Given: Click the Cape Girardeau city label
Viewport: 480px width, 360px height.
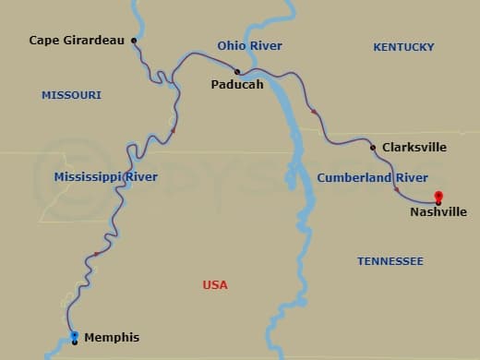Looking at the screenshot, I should click(x=77, y=41).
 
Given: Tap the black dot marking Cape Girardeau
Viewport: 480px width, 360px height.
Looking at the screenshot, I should click(x=134, y=41).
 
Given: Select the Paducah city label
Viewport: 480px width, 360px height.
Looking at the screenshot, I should click(x=237, y=85).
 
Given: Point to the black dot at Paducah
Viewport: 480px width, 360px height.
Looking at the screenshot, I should click(x=237, y=71).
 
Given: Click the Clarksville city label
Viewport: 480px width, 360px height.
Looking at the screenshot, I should click(x=414, y=148).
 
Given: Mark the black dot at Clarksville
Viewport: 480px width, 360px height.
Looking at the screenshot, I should click(x=372, y=148).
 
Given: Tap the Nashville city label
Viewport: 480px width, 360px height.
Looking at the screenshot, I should click(x=438, y=212).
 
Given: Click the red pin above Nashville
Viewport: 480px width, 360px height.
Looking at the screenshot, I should click(x=438, y=196).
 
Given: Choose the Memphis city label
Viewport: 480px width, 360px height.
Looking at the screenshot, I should click(x=112, y=338).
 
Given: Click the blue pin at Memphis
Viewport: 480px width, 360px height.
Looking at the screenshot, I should click(x=75, y=336).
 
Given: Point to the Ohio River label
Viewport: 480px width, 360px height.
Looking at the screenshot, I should click(x=249, y=46).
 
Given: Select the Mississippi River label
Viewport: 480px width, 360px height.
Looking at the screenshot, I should click(x=105, y=177).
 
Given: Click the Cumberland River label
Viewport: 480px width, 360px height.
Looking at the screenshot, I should click(x=372, y=177).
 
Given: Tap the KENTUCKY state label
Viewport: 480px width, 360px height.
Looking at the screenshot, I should click(x=403, y=47).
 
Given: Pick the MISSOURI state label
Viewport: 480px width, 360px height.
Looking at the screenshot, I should click(x=71, y=95).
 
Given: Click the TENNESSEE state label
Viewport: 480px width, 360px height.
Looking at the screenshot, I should click(x=390, y=261).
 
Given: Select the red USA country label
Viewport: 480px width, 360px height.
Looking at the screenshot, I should click(x=215, y=285).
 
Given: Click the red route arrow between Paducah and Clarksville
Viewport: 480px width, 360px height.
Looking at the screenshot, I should click(x=314, y=112).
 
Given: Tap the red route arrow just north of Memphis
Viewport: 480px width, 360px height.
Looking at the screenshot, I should click(x=96, y=254).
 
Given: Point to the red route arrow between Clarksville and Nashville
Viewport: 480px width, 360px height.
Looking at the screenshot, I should click(x=397, y=190).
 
